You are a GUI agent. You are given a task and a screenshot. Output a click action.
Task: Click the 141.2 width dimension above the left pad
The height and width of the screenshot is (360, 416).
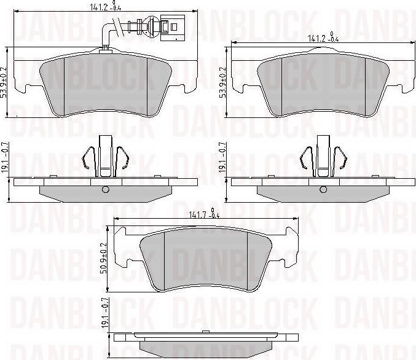point(100,7)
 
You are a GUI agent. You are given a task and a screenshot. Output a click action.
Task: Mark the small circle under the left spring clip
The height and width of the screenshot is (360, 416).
point(105,189)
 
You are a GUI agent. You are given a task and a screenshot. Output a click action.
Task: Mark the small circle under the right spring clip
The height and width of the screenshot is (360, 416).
point(321,189)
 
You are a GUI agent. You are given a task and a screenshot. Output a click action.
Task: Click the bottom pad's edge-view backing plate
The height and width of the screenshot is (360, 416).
point(207,338)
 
